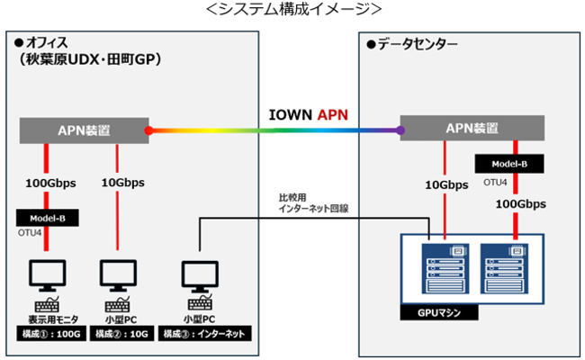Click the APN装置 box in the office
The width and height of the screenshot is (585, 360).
(x=85, y=130)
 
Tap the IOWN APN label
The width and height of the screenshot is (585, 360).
(x=309, y=114)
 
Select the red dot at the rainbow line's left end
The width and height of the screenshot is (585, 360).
(x=149, y=130)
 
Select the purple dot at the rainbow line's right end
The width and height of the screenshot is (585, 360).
(x=400, y=130)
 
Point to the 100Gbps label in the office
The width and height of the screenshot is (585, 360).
(x=50, y=183)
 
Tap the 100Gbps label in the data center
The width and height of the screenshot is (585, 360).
(x=517, y=205)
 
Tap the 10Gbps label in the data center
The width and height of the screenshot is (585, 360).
(x=446, y=185)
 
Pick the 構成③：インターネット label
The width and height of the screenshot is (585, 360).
(x=205, y=334)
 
